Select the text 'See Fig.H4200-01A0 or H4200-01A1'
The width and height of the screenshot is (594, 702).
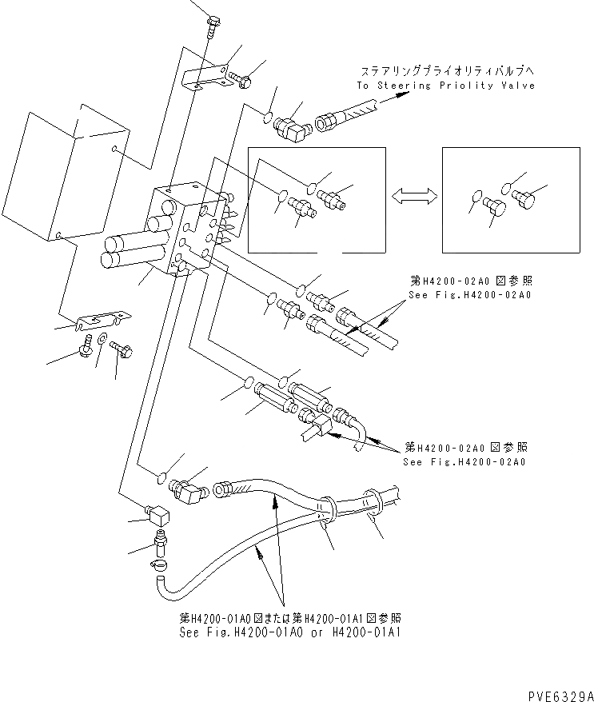pos(291,631)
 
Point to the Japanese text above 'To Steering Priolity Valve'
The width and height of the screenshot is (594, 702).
pos(433,70)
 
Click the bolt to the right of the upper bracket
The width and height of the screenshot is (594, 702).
pos(241,79)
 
